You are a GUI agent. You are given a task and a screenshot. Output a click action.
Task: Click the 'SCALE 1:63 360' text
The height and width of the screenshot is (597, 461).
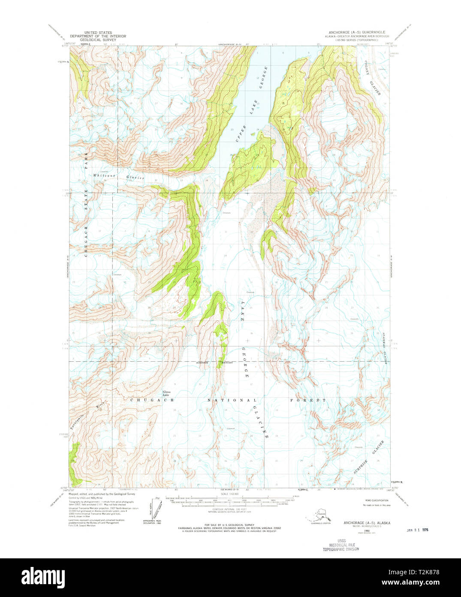point(231,494)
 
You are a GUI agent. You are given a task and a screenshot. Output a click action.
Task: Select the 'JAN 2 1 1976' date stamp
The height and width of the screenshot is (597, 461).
point(417,530)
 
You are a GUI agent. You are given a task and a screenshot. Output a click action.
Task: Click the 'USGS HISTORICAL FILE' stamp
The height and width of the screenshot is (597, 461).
point(341,545)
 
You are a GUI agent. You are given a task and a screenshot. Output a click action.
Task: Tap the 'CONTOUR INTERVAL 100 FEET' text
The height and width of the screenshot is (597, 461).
point(231,509)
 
